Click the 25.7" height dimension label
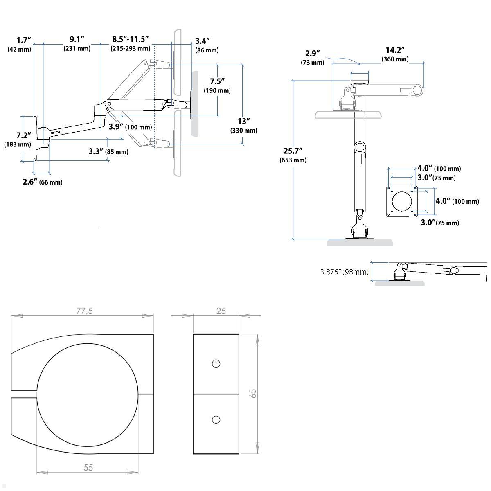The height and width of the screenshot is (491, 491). point(293,155)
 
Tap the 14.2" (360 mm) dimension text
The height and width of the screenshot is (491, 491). point(395,54)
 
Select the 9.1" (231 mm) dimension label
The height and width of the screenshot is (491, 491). point(77,43)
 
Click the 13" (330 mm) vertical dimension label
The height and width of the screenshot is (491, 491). point(243,125)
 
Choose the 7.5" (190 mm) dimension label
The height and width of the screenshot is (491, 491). point(217,86)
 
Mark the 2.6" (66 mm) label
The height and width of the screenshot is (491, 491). point(42,182)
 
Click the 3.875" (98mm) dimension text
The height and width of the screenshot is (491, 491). point(344,272)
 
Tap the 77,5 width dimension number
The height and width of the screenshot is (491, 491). point(84,311)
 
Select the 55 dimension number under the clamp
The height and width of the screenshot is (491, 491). point(88,467)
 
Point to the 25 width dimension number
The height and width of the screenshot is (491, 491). point(221,311)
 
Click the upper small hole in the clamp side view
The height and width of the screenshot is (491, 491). point(216,363)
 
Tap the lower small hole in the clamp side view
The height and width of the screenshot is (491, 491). point(216,419)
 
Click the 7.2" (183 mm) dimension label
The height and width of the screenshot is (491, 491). point(18,140)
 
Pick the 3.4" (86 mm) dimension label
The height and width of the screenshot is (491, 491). point(206,45)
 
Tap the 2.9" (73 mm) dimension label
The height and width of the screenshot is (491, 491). point(313,58)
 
